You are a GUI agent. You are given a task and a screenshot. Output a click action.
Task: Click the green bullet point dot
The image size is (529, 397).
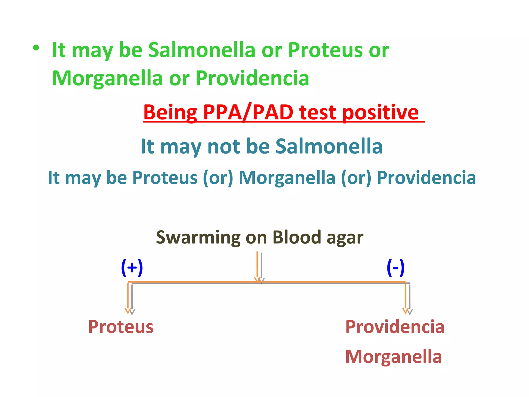pos(36,48)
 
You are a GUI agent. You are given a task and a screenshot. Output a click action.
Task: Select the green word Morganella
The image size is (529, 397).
pos(107,79)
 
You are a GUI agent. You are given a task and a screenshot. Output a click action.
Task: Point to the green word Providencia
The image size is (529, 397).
pos(252,78)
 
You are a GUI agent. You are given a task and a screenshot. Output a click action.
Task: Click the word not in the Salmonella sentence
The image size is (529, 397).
pos(224,146)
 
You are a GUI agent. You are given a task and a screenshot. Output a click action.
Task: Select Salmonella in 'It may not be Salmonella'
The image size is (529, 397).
pos(329,146)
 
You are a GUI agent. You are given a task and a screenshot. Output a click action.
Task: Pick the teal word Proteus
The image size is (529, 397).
pos(165,178)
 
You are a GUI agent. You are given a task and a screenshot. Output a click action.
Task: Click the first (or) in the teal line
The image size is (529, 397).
pos(218,178)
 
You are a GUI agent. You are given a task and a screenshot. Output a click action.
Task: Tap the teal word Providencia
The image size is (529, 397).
pos(426,178)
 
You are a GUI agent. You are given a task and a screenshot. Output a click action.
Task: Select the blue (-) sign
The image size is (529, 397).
pos(395,268)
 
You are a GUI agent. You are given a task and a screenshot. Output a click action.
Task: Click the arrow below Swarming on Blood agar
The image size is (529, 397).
pos(259,268)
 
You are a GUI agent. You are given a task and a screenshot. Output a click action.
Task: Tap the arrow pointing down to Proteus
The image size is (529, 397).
pos(130,299)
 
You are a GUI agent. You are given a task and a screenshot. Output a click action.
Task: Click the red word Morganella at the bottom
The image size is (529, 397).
pos(393,357)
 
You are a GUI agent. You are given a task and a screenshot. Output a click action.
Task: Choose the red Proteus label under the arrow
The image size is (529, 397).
pos(121,327)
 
